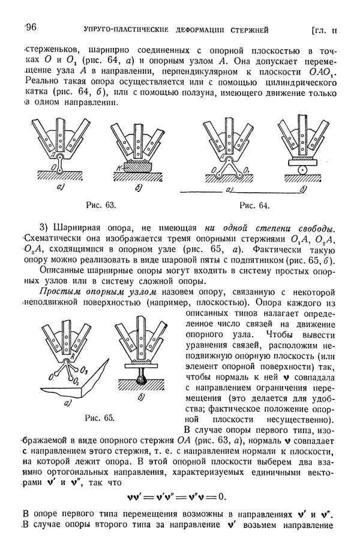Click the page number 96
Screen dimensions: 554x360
(x=31, y=28)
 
